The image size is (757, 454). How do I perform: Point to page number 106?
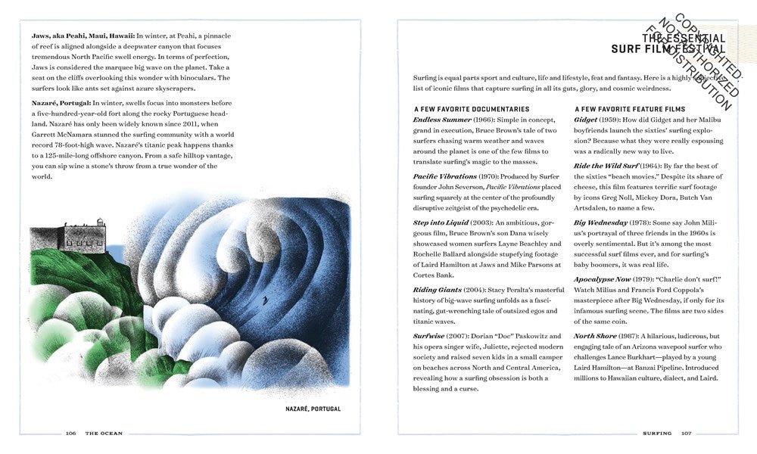tap(70, 434)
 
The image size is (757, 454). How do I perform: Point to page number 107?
tap(686, 434)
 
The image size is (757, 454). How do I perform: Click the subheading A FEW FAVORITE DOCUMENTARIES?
tap(471, 109)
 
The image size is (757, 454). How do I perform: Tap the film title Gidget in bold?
tap(586, 120)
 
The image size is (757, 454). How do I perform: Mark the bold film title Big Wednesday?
tap(601, 222)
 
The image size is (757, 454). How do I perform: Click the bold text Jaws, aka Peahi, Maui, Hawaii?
tap(83, 35)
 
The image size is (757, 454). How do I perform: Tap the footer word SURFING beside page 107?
tap(658, 434)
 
